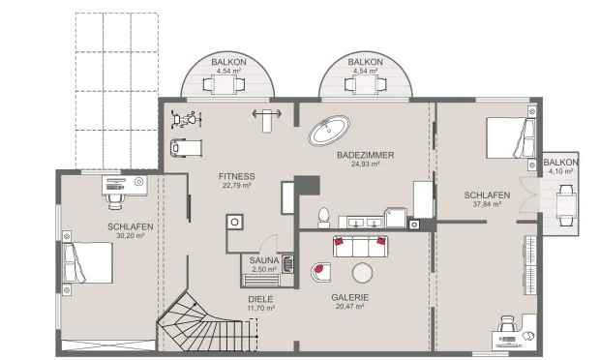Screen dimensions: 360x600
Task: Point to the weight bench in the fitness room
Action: tap(265, 115)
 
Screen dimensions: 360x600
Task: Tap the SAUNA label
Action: tap(264, 260)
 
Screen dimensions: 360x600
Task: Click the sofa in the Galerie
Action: tap(363, 246)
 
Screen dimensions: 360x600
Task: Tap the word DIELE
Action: tap(259, 299)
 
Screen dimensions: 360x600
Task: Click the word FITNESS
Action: tap(237, 176)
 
